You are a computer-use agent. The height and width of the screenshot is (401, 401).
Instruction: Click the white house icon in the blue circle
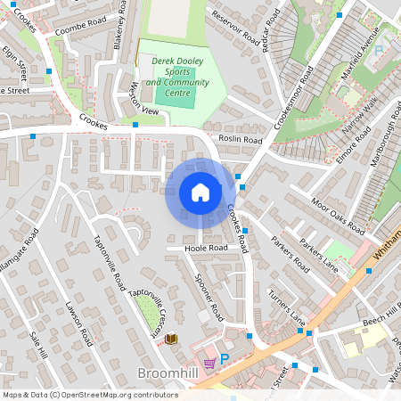pyautogui.click(x=200, y=192)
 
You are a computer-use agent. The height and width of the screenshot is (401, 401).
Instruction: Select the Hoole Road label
pyautogui.click(x=201, y=249)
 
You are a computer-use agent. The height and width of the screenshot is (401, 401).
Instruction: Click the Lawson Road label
pyautogui.click(x=78, y=322)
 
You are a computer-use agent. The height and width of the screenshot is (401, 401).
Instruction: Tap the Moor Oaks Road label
pyautogui.click(x=331, y=211)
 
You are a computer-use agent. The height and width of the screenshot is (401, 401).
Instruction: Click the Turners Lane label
pyautogui.click(x=285, y=307)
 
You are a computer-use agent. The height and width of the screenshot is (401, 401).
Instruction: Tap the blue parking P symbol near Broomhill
pyautogui.click(x=225, y=360)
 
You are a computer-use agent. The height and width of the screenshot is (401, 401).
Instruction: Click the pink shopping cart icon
pyautogui.click(x=209, y=363)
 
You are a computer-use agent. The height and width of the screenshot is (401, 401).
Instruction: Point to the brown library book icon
pyautogui.click(x=170, y=339)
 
